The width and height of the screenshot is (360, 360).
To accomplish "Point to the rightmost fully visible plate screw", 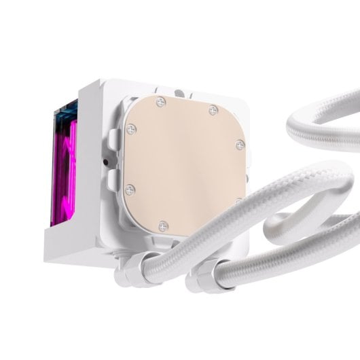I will [x=239, y=144].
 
